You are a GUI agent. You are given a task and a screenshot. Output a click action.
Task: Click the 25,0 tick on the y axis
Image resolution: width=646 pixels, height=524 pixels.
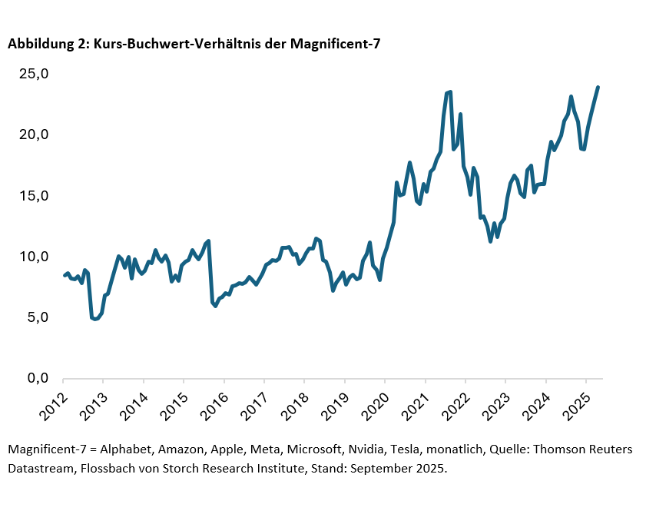coord(35,75)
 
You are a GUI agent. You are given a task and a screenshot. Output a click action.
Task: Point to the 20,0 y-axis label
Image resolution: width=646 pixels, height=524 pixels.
coord(35,135)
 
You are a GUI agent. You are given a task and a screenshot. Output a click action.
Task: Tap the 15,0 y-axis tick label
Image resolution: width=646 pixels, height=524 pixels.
coord(35,196)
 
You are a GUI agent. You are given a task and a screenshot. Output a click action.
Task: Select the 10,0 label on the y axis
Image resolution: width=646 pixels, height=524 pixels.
coord(35,257)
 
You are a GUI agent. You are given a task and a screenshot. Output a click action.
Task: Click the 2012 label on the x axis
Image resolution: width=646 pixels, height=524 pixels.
coord(51,400)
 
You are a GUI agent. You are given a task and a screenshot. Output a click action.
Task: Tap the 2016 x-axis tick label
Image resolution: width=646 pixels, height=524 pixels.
coord(211,400)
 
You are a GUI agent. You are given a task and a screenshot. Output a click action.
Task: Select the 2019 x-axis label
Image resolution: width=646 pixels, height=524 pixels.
coord(332,400)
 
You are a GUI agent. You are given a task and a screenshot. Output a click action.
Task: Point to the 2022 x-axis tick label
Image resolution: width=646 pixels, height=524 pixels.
coord(452,400)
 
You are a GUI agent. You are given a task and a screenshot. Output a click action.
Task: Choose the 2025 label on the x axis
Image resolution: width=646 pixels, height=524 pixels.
coord(573,400)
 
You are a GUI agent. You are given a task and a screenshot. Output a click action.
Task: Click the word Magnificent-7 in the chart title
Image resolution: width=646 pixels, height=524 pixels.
coord(335,45)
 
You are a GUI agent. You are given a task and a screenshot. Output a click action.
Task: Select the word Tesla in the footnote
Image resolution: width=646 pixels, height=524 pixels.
coord(419,449)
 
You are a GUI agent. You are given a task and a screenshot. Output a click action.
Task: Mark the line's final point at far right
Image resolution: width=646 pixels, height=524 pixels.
coord(598,88)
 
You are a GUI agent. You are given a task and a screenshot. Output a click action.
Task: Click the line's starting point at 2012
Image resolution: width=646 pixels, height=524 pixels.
coord(64,275)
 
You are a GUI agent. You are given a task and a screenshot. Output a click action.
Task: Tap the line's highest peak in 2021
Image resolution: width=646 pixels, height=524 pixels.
coord(450,92)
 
